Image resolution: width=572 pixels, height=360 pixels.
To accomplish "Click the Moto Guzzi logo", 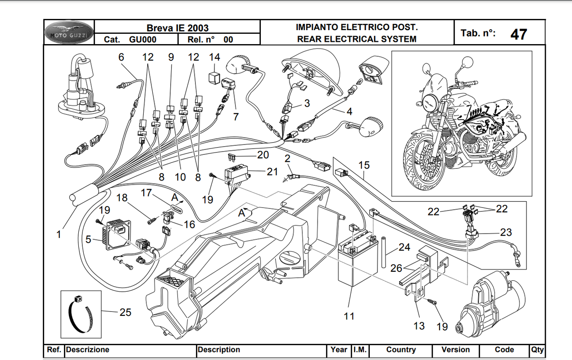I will point(69,32).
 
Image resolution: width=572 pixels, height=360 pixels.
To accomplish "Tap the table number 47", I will point(519,34).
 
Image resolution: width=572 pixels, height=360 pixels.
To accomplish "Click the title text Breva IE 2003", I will point(177,28).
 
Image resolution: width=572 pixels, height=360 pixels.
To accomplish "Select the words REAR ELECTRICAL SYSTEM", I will point(356,39).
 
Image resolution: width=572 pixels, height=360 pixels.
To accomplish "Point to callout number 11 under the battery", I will point(349,316).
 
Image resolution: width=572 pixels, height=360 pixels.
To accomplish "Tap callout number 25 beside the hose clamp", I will point(125,312).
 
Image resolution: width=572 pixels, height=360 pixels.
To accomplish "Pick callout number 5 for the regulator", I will point(88,240).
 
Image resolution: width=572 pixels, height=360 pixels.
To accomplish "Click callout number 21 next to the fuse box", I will point(272,171).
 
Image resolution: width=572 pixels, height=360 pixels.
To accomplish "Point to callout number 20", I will point(263,155).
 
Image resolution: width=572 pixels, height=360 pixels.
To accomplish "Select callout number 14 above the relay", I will point(215,57).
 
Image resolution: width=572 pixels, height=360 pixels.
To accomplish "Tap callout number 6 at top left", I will point(121,57).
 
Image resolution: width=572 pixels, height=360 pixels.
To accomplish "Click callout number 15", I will point(364,165).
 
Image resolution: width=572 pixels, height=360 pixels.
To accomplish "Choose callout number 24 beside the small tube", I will point(404,247).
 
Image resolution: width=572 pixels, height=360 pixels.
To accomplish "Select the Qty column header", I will point(537,350).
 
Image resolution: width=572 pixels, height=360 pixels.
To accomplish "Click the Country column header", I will point(401,350).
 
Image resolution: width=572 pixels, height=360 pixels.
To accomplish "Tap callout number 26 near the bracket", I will point(396,268).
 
